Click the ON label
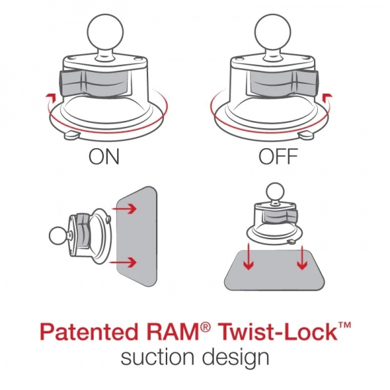(x=105, y=158)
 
